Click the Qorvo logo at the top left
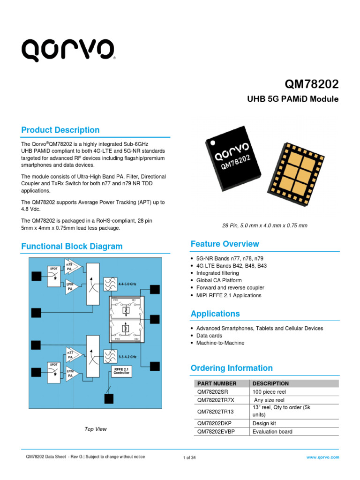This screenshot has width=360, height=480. coord(67,50)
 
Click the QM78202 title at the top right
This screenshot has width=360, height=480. coord(312,84)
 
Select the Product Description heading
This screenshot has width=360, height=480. coord(60,130)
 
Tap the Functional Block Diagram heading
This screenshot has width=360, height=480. coord(72,246)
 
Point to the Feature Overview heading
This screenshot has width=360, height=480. coord(225,244)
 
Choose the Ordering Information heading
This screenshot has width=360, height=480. coord(232,368)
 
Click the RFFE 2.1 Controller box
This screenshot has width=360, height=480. coord(122,371)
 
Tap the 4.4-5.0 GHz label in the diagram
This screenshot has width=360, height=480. coord(127,284)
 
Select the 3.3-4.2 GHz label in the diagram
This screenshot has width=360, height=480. coord(127,357)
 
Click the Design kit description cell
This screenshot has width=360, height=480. coord(264,423)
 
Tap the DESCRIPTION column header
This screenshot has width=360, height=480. coord(270,383)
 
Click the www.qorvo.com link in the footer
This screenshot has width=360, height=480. coord(322,457)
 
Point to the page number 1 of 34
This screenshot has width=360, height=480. coord(189,457)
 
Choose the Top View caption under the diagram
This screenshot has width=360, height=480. coord(96,429)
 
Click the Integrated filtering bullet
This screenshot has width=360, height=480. coord(217,273)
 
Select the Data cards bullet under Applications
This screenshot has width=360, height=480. coord(209,336)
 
